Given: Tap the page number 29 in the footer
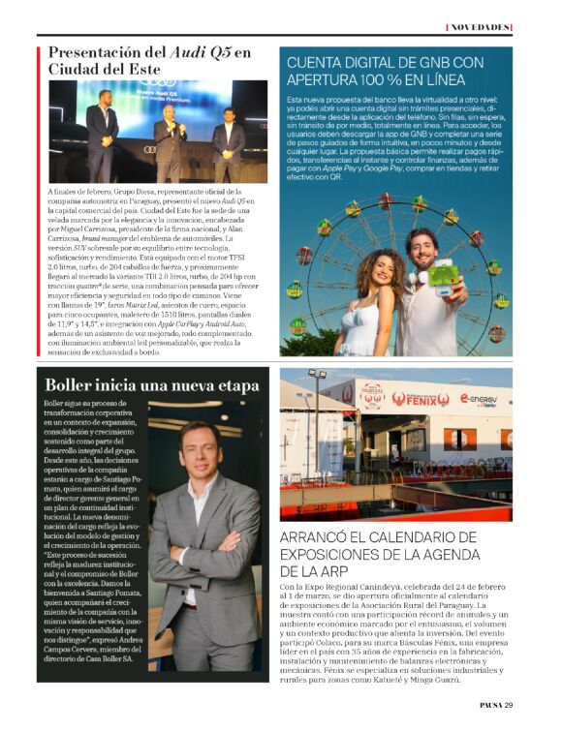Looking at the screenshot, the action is tap(508, 705).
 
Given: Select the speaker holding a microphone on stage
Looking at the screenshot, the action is tap(170, 136).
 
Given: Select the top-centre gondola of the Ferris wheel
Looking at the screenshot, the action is tap(385, 201).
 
